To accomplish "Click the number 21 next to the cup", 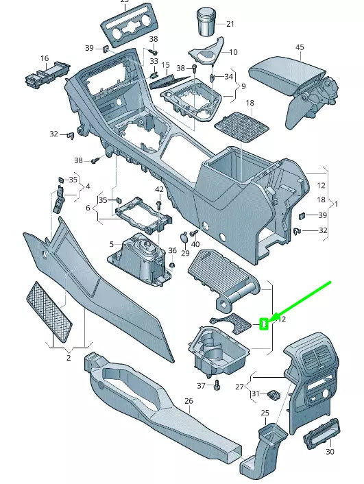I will click(230, 24).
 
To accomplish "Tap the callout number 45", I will click(300, 47).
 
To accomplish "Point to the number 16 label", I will click(45, 59).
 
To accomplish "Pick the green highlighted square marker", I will click(264, 323).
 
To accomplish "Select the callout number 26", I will click(189, 401).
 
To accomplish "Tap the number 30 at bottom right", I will click(330, 452).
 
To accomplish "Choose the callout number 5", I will click(111, 244).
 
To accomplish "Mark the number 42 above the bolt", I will click(159, 189).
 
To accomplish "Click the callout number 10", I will click(233, 52).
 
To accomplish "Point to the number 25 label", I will click(265, 412).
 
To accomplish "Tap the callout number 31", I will click(256, 394).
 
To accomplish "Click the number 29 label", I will click(185, 254).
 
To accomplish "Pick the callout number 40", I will click(195, 244).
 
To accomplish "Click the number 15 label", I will click(165, 65).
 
